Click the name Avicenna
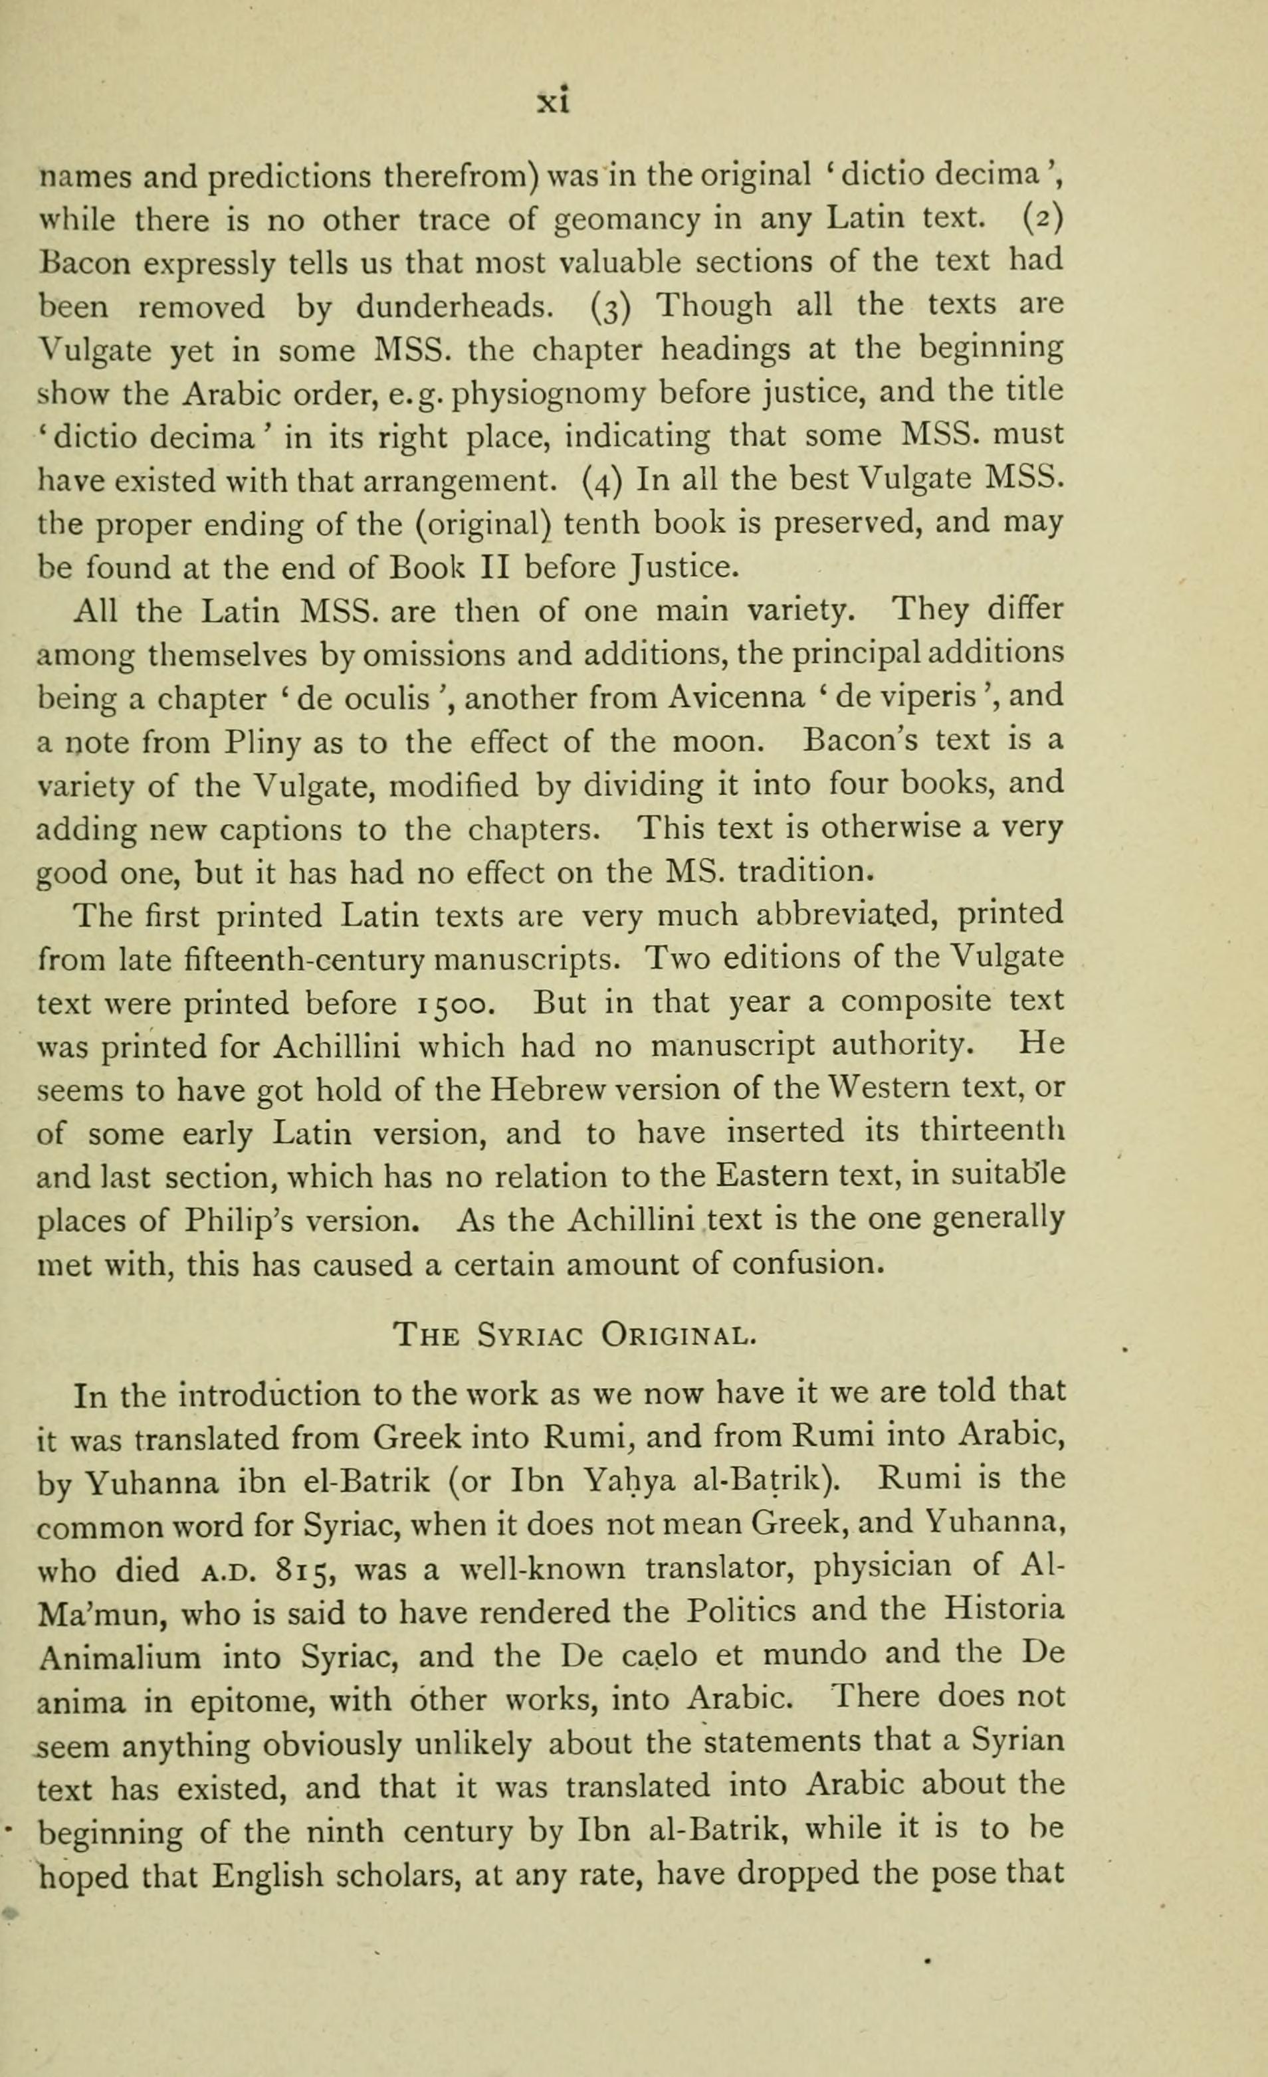(736, 697)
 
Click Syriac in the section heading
(528, 1337)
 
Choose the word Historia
(1004, 1610)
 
